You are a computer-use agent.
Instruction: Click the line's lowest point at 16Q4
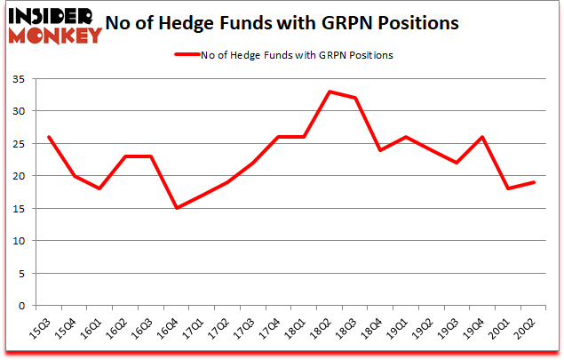click(177, 208)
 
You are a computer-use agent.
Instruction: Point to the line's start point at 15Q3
click(49, 137)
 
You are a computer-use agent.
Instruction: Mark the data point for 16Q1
click(100, 188)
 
